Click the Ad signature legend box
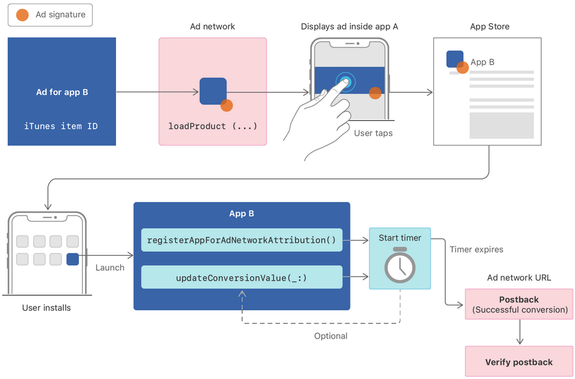50,15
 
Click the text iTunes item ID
61,126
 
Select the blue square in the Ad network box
213,91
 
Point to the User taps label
373,133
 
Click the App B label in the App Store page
483,62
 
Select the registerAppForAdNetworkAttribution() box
242,240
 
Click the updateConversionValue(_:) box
242,277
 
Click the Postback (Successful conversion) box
519,304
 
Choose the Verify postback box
519,362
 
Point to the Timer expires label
477,249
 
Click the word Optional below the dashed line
330,336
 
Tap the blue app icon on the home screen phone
73,259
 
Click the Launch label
110,268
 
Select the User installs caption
47,308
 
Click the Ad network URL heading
519,278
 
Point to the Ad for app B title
62,92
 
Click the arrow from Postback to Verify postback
519,333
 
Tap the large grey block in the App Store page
502,125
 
